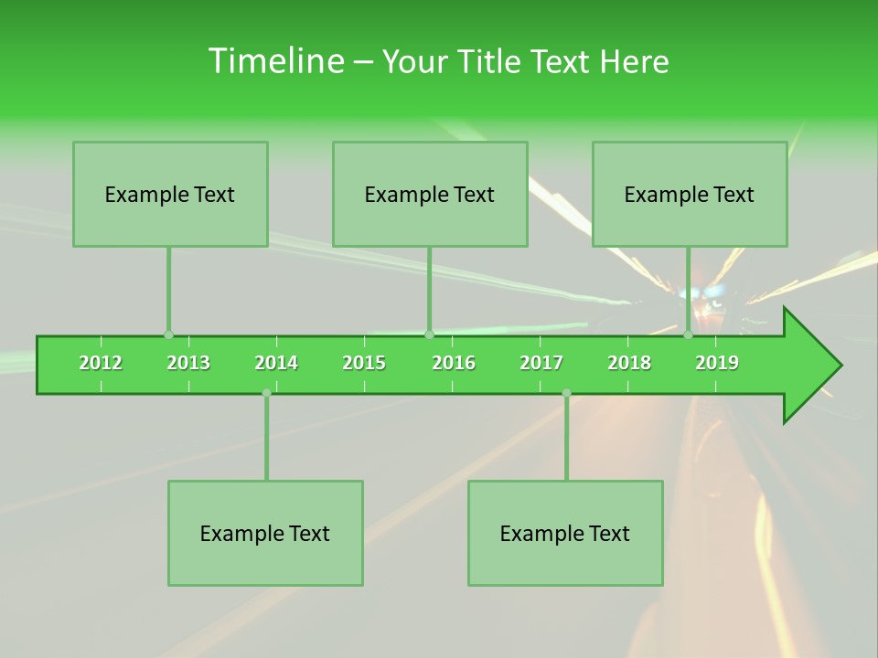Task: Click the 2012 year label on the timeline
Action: (x=101, y=363)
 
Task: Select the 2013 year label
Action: (x=188, y=363)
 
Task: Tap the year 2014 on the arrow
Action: (x=276, y=363)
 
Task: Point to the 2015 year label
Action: (x=364, y=363)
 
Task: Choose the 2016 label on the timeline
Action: (x=454, y=363)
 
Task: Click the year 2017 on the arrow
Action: (x=541, y=363)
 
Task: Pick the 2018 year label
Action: (x=629, y=363)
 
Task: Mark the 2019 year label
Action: (x=717, y=363)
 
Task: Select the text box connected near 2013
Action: (x=170, y=195)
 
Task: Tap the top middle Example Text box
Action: (x=430, y=195)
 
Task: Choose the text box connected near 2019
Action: (x=690, y=195)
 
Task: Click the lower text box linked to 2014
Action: (x=265, y=534)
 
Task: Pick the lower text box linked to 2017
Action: (x=565, y=534)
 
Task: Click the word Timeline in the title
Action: (x=274, y=61)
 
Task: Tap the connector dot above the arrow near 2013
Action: (x=168, y=334)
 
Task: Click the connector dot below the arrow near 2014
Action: (x=266, y=393)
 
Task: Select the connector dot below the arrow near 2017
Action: (x=566, y=393)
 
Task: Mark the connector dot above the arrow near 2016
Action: (x=429, y=334)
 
